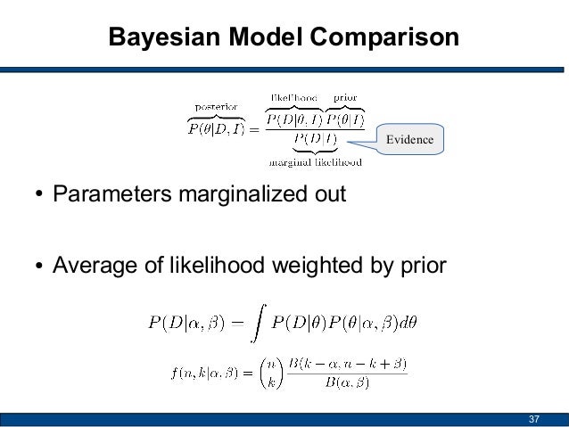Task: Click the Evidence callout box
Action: click(x=409, y=140)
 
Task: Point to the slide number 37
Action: click(x=534, y=419)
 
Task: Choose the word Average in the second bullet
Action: click(x=90, y=265)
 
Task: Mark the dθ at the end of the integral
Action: click(x=407, y=322)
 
